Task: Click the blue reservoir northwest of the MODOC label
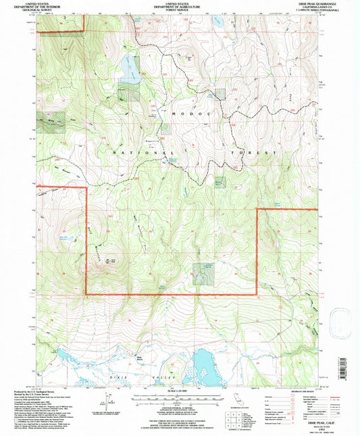(x=130, y=68)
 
